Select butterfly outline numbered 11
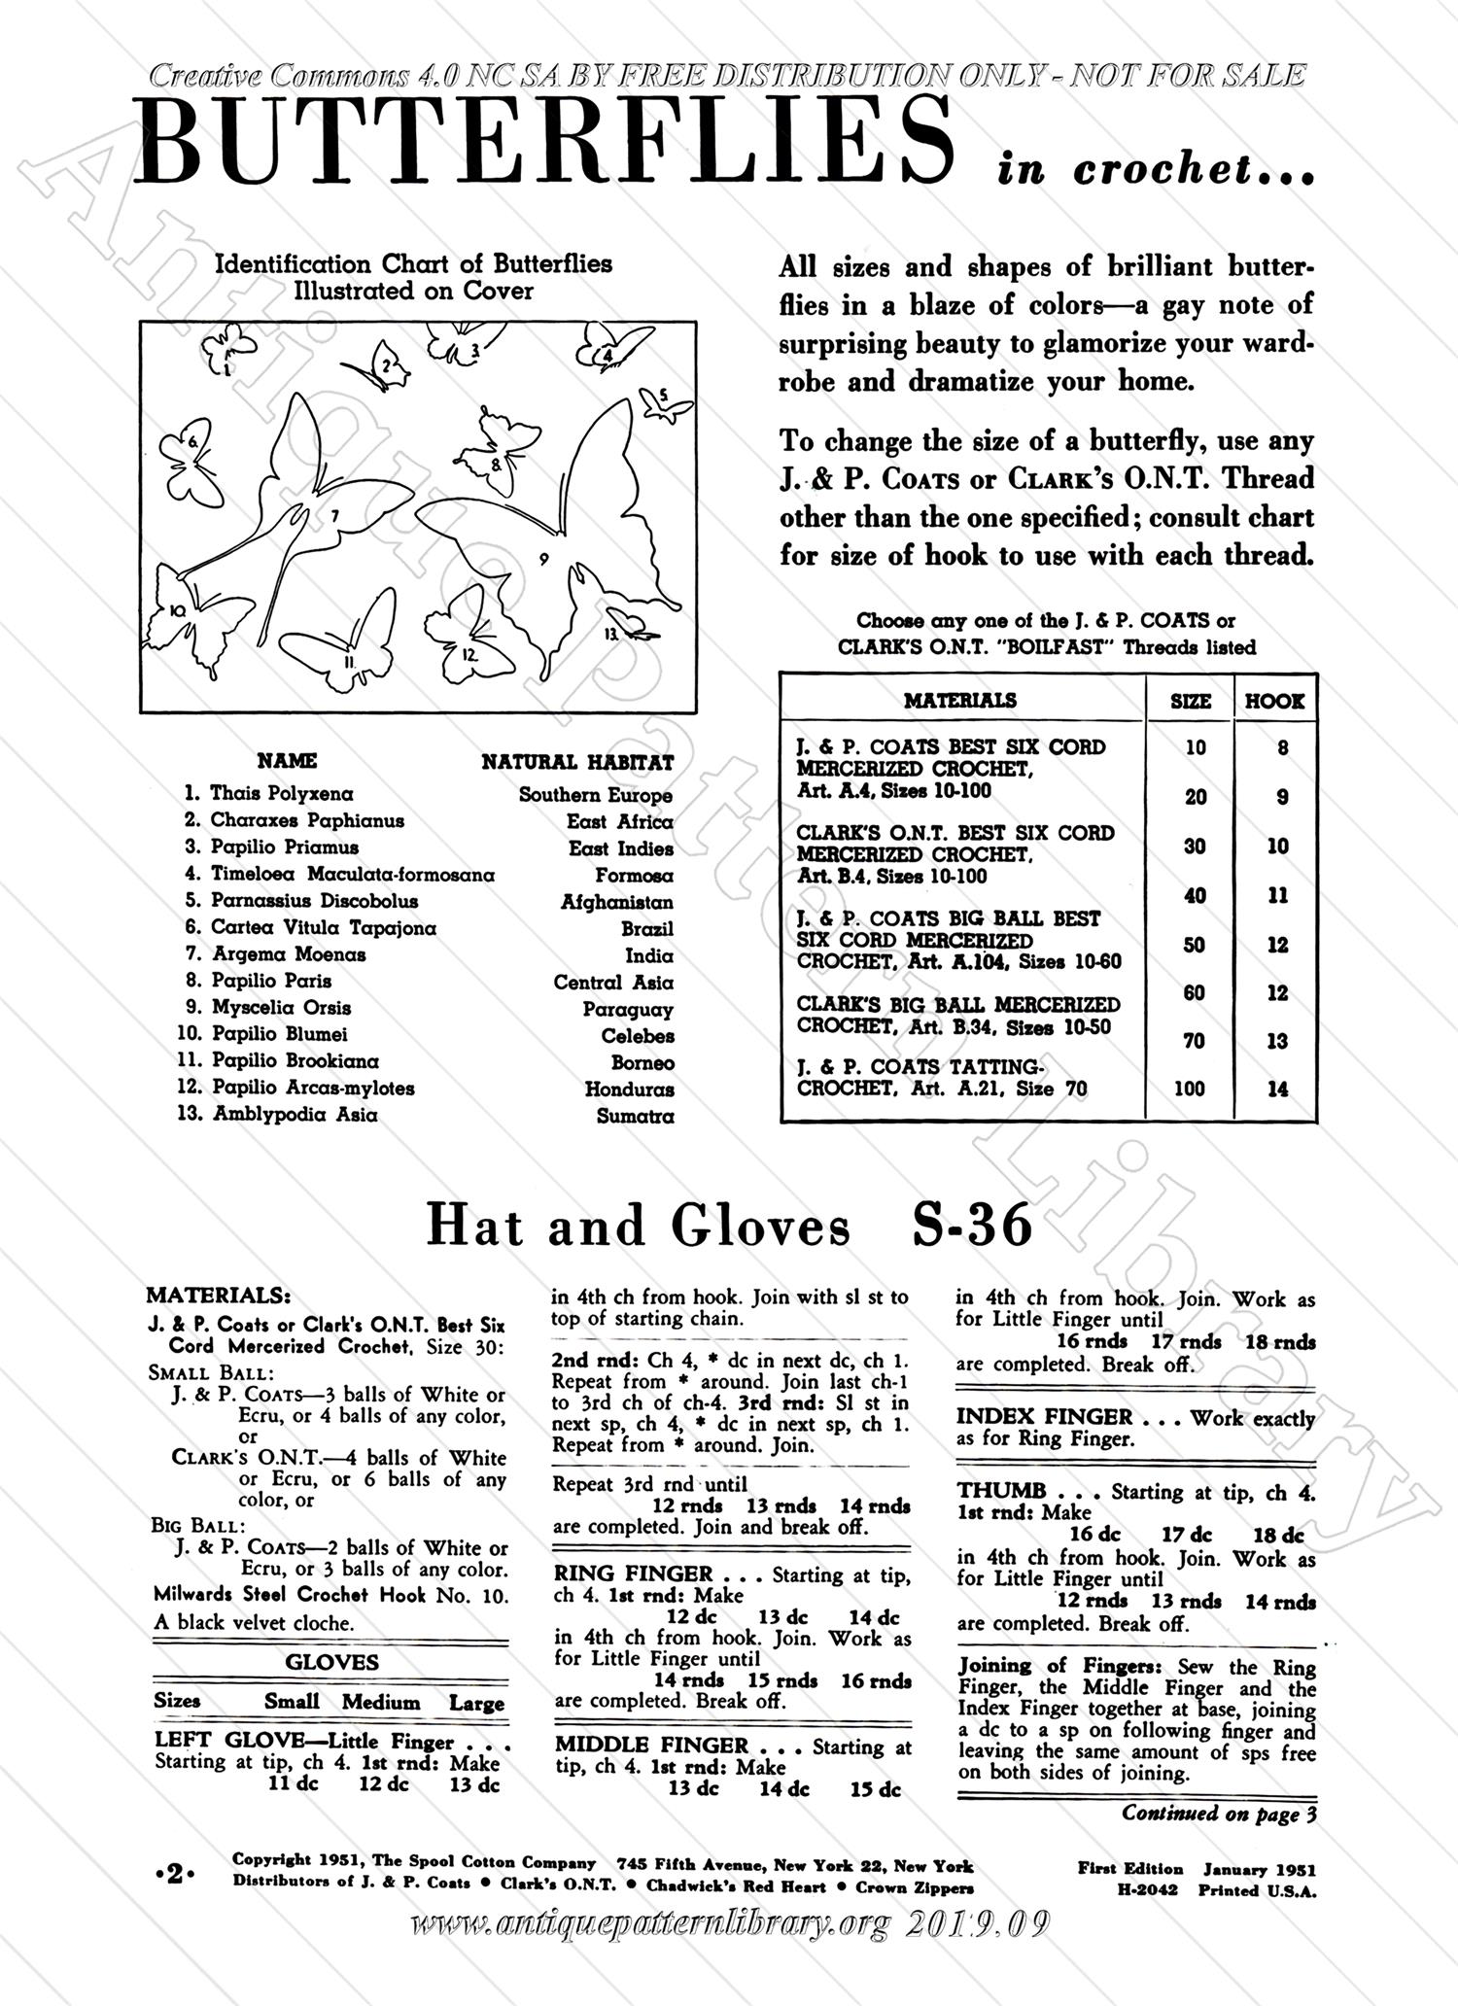(x=345, y=646)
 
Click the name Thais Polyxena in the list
(x=281, y=794)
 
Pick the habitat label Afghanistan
(x=616, y=902)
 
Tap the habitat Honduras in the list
(x=629, y=1089)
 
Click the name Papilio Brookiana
(x=295, y=1061)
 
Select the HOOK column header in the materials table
(x=1274, y=701)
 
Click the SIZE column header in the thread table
(x=1191, y=701)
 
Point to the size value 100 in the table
(x=1190, y=1089)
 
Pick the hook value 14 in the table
(x=1277, y=1089)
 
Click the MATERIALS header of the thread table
(x=960, y=700)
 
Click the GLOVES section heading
(x=331, y=1663)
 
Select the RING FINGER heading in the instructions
(x=633, y=1574)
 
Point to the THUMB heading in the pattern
(x=1001, y=1491)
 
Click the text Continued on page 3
(x=1219, y=1814)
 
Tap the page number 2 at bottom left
(x=175, y=1876)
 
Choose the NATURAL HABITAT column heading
(x=577, y=762)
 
